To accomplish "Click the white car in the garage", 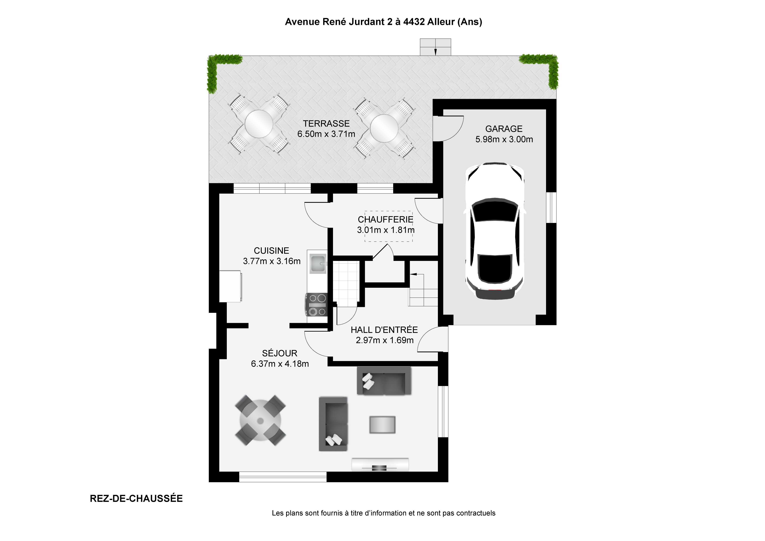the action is click(495, 231).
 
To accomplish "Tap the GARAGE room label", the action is click(504, 129).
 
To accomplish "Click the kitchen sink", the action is click(318, 263).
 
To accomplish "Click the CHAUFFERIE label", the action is click(386, 219).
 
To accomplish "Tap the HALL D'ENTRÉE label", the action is click(384, 330).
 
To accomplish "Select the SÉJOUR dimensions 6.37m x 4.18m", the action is click(280, 364).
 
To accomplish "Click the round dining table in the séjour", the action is click(260, 421).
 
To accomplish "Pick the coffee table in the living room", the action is click(382, 425).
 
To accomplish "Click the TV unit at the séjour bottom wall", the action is click(380, 465).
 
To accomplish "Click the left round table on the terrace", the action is click(259, 124).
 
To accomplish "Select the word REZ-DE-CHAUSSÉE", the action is click(136, 499).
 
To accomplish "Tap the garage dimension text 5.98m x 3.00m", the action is click(504, 139).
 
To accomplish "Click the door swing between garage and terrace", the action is click(448, 128).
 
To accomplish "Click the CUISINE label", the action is click(272, 250).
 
